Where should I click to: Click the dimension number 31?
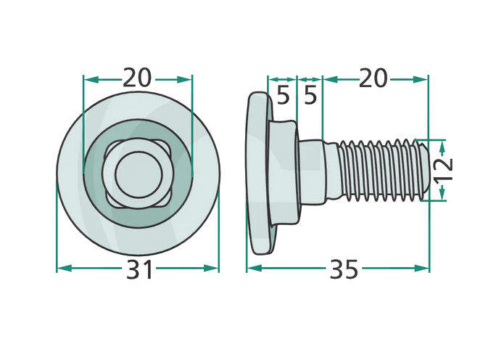[x=139, y=269]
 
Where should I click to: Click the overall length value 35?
[x=344, y=269]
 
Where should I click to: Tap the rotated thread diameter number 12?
[x=443, y=169]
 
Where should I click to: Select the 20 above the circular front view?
[x=137, y=78]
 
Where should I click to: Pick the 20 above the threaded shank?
[x=373, y=78]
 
